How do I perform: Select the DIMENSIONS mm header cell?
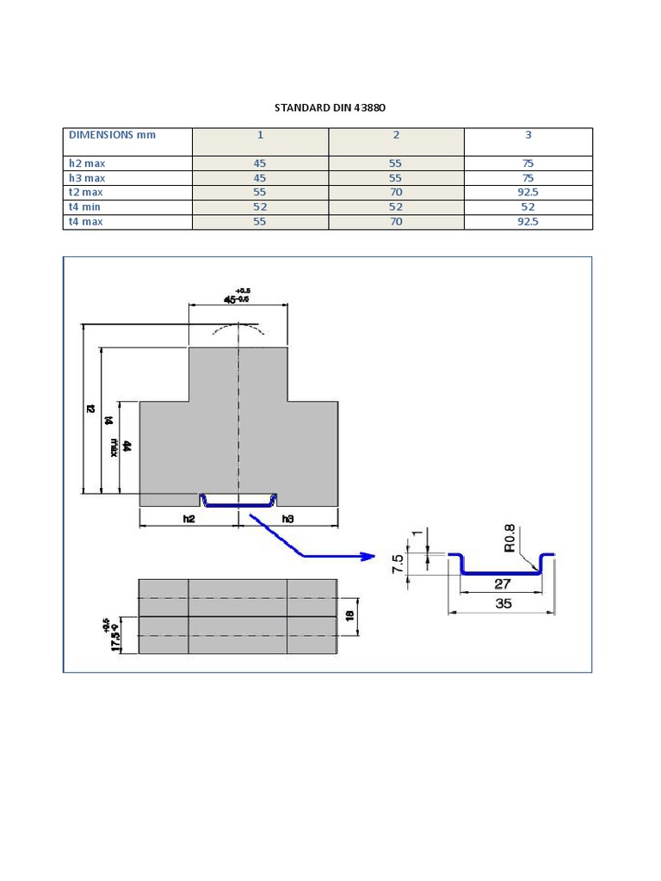pos(113,135)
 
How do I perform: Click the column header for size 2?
pos(396,135)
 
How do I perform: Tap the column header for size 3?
pos(528,135)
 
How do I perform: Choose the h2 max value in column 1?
pos(260,163)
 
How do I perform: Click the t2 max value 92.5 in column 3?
pos(528,192)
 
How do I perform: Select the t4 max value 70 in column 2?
pos(396,221)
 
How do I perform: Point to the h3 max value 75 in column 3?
pos(528,177)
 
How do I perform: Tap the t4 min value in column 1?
pos(260,206)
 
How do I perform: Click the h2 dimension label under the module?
pos(189,519)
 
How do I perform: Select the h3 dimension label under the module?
pos(287,519)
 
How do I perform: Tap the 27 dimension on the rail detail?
pos(503,584)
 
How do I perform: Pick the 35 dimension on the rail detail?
pos(503,603)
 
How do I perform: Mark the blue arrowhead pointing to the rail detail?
pos(368,557)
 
